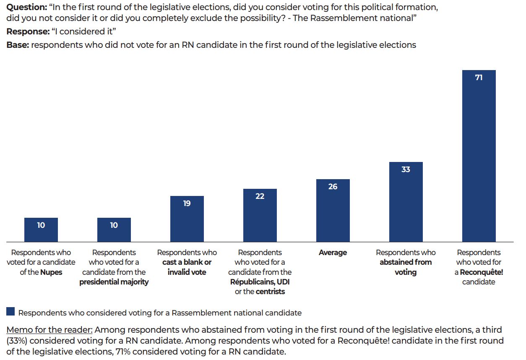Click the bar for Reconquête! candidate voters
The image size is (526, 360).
[x=479, y=159]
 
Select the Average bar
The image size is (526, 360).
[x=333, y=214]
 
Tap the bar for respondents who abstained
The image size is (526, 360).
[x=406, y=206]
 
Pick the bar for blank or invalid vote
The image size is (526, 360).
[x=187, y=222]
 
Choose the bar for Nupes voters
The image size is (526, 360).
[x=41, y=233]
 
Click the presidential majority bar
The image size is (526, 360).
[x=114, y=233]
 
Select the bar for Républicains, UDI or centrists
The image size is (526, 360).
[x=260, y=218]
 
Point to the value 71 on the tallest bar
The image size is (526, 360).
[x=479, y=78]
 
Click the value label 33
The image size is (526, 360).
[x=406, y=170]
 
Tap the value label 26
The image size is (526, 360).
[x=333, y=187]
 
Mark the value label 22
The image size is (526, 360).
[x=260, y=196]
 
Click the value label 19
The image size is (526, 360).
[x=187, y=203]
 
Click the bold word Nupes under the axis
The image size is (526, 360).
[x=51, y=272]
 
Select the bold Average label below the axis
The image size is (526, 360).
[x=333, y=253]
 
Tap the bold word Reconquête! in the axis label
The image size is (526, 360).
[x=481, y=272]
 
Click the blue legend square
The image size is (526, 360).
[x=10, y=312]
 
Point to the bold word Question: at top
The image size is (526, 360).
[x=26, y=7]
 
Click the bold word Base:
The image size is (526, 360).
[x=18, y=45]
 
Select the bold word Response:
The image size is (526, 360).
[x=28, y=31]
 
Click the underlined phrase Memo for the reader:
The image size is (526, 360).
[x=49, y=330]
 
